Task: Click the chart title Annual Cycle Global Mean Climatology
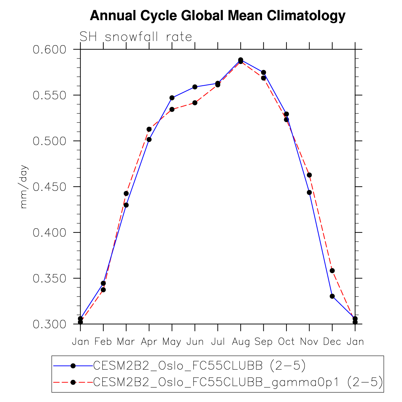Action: click(x=217, y=16)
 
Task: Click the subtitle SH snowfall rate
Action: click(x=136, y=37)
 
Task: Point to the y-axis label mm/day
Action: click(x=24, y=187)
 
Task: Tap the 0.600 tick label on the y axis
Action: click(x=49, y=50)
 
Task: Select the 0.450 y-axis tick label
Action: click(x=49, y=187)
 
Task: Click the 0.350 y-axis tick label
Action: click(x=49, y=279)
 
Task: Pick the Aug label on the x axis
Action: click(x=241, y=342)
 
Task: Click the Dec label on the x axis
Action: click(x=332, y=342)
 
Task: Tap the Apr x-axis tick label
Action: click(x=149, y=342)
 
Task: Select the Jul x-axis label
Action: click(x=218, y=342)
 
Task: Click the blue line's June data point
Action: click(x=195, y=87)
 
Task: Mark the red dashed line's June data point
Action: click(x=195, y=103)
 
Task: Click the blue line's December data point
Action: click(x=332, y=296)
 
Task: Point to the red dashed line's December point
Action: click(x=332, y=270)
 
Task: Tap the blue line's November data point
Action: click(x=309, y=193)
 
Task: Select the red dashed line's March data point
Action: click(x=126, y=194)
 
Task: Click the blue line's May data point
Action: click(x=172, y=98)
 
